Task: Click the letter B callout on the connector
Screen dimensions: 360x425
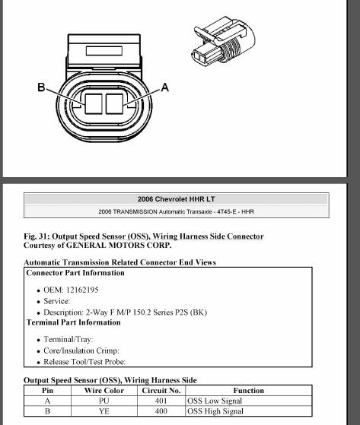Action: point(41,87)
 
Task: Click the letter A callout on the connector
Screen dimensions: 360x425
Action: point(165,87)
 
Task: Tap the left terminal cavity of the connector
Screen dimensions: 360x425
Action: point(94,104)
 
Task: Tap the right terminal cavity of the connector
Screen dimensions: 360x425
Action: point(114,104)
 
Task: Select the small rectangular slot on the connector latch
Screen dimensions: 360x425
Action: point(104,51)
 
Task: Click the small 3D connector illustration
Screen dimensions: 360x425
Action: point(223,41)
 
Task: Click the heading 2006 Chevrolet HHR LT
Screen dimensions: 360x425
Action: point(177,199)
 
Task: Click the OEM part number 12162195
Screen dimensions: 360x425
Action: point(82,290)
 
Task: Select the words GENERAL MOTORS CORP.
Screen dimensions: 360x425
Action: point(119,246)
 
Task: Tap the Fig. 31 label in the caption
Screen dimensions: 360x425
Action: point(37,236)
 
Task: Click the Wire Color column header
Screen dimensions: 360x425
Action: point(104,391)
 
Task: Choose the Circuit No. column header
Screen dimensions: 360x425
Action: point(161,391)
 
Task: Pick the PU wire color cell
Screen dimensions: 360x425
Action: point(104,401)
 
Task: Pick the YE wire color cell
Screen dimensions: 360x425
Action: point(104,411)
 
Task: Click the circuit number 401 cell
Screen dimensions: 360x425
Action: point(161,401)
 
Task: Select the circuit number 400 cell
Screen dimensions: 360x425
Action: point(161,411)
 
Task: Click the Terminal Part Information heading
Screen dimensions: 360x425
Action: point(74,322)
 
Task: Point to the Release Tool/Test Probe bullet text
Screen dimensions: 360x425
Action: point(84,362)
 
